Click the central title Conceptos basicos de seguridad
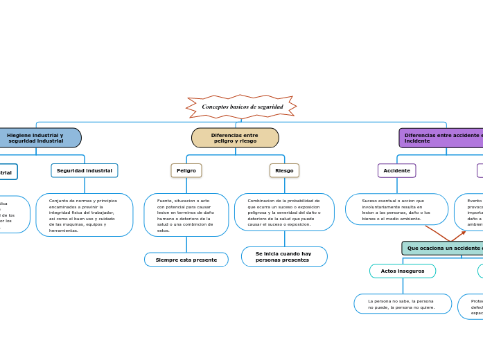(241, 107)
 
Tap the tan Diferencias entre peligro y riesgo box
(235, 138)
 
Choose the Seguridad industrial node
(85, 170)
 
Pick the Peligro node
(186, 170)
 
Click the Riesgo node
(284, 170)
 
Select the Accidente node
(396, 170)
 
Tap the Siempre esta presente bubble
(186, 260)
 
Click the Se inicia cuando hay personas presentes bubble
(284, 257)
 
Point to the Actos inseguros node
(403, 271)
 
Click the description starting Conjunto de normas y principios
(85, 215)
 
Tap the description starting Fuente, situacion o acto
(186, 215)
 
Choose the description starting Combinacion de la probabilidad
(284, 213)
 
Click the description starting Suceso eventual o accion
(396, 210)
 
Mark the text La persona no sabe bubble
(403, 304)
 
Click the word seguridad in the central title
(270, 107)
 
